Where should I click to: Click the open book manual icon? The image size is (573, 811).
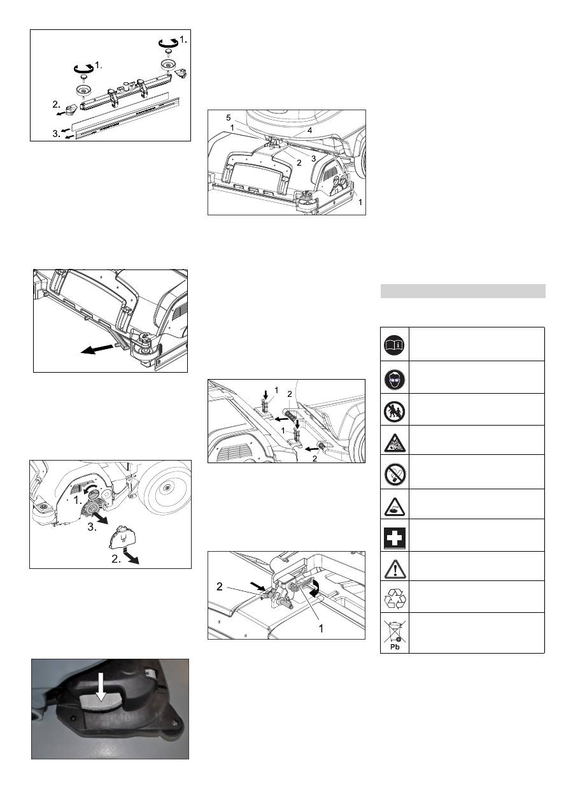(x=394, y=345)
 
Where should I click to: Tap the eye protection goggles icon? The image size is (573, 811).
(x=394, y=380)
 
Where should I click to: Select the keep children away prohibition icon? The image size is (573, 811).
(x=394, y=412)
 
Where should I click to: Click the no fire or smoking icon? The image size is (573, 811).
(x=394, y=474)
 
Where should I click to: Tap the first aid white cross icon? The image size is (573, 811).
(x=394, y=538)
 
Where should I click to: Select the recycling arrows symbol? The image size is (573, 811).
(x=395, y=598)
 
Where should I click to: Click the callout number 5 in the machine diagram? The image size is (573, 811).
(x=229, y=118)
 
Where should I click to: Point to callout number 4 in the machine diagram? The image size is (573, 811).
(x=309, y=130)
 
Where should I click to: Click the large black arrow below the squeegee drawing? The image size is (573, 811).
(x=97, y=349)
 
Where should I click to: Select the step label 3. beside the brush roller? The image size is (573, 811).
(x=92, y=527)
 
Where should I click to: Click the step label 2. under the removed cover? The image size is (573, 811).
(x=116, y=559)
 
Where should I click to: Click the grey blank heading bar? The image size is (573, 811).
(x=463, y=291)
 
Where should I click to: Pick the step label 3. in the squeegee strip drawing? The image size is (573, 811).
(x=57, y=134)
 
